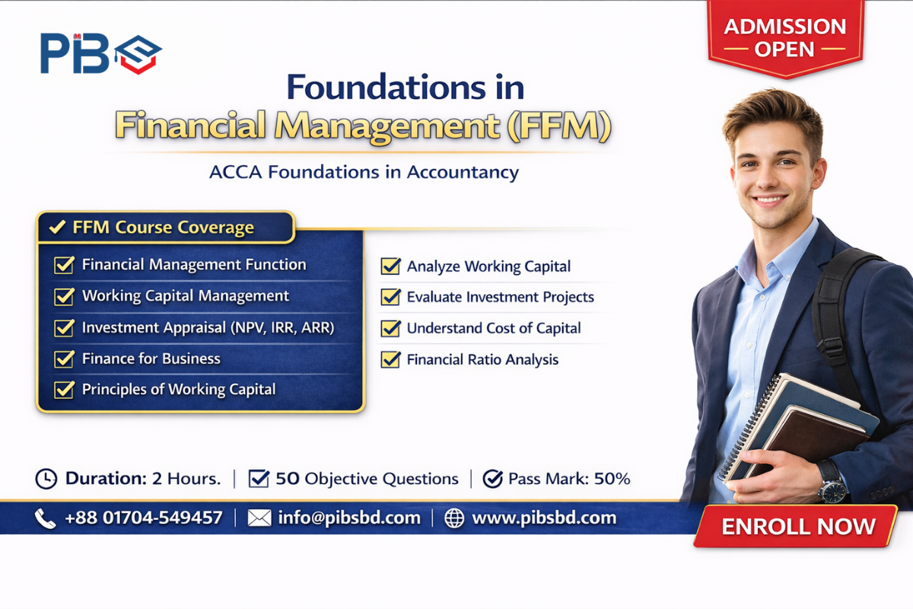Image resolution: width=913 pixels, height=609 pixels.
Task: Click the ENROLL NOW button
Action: click(798, 526)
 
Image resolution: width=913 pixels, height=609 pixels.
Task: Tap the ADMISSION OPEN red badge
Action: click(784, 38)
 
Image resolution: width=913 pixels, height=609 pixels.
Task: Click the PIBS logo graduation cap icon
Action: click(138, 53)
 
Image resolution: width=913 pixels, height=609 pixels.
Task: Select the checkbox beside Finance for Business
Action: click(64, 359)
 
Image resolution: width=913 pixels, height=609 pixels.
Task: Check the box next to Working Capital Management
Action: click(64, 296)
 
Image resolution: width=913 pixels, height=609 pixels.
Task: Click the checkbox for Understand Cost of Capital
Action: click(391, 328)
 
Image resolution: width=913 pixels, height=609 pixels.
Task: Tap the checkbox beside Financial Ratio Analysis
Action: click(391, 359)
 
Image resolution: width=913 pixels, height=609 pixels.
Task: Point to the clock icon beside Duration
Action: click(46, 479)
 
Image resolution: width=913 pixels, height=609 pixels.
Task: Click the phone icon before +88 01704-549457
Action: click(45, 518)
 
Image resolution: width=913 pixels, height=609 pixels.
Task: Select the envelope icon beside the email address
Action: click(259, 518)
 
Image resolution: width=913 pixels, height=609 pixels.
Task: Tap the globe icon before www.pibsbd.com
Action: click(454, 518)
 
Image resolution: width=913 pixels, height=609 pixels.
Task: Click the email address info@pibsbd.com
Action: click(349, 518)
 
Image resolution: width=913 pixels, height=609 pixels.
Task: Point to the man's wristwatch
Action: click(832, 481)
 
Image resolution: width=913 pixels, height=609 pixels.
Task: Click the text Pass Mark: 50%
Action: click(568, 479)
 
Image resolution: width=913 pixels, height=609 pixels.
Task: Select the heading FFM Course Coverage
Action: click(163, 227)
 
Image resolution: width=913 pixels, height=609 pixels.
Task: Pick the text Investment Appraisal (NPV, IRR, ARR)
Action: click(208, 327)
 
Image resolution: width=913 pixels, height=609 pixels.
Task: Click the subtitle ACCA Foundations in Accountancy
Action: click(364, 172)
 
